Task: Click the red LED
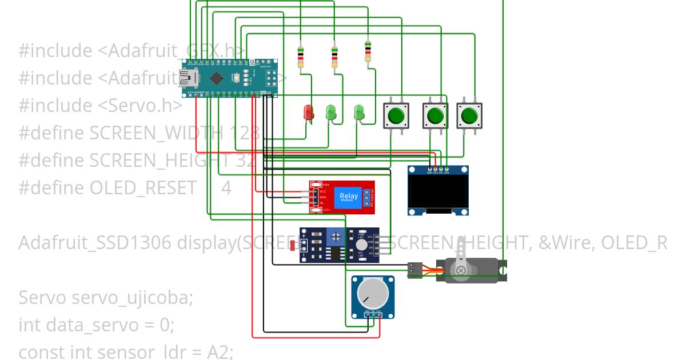point(308,112)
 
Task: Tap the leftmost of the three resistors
point(301,57)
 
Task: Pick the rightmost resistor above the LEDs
point(368,51)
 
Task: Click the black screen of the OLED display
point(438,193)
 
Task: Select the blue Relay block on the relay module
point(349,197)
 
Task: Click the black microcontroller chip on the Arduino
point(216,77)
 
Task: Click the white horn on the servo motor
point(460,270)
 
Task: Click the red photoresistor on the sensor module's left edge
point(293,246)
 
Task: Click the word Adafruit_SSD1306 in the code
point(95,243)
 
